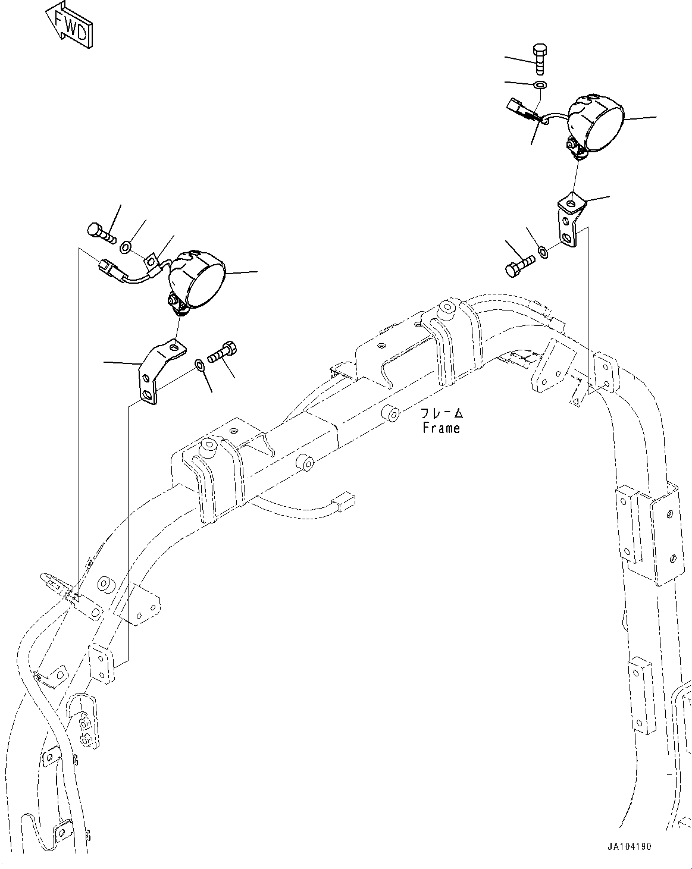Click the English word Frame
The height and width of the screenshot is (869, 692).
pyautogui.click(x=441, y=428)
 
